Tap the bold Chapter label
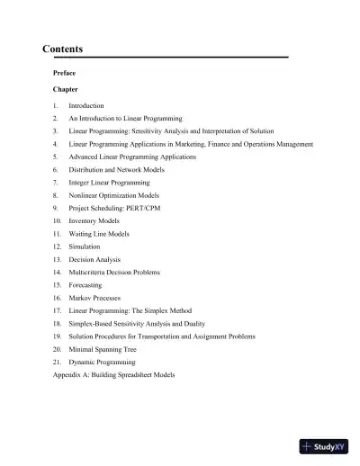tap(66, 91)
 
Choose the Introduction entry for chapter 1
tap(86, 106)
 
